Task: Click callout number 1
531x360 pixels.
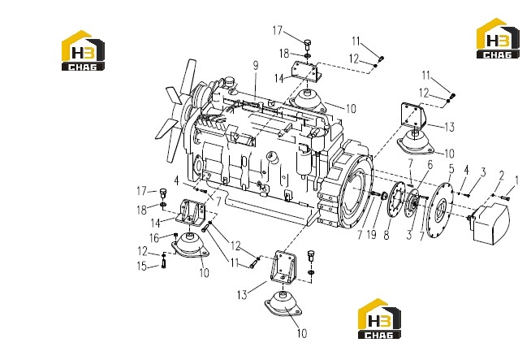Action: click(x=516, y=180)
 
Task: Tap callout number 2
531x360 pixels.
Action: click(x=502, y=176)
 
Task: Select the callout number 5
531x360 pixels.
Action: click(x=451, y=168)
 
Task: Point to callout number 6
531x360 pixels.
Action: click(x=430, y=165)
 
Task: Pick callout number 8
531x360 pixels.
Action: click(x=386, y=235)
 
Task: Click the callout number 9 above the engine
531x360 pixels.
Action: click(x=256, y=66)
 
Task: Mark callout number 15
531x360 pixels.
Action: click(x=142, y=266)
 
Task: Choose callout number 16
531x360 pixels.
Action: click(x=154, y=238)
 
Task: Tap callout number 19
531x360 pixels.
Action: click(x=372, y=234)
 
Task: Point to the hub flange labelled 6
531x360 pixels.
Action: click(x=412, y=202)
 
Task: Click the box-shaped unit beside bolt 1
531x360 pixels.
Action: click(x=490, y=223)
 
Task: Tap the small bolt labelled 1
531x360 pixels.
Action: click(x=505, y=197)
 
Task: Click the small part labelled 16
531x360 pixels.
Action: click(x=175, y=235)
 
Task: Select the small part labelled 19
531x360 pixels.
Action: click(x=384, y=197)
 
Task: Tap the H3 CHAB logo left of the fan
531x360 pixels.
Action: click(x=83, y=50)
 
